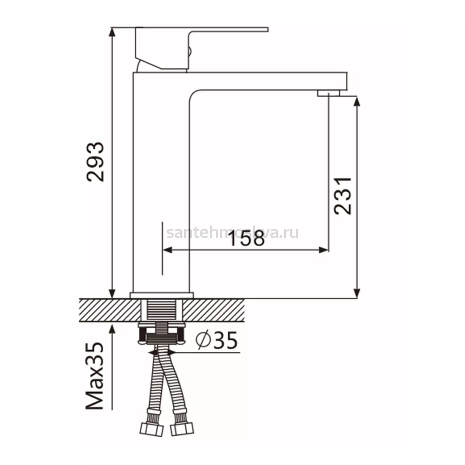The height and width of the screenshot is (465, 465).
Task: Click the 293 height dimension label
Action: (95, 162)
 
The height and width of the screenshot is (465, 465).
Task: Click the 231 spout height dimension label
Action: (343, 196)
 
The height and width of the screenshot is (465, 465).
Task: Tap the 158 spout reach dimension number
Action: (247, 238)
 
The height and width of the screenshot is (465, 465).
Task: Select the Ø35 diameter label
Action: (217, 340)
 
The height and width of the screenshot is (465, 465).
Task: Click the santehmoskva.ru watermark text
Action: (232, 233)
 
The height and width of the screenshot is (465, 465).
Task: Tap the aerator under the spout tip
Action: (329, 93)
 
